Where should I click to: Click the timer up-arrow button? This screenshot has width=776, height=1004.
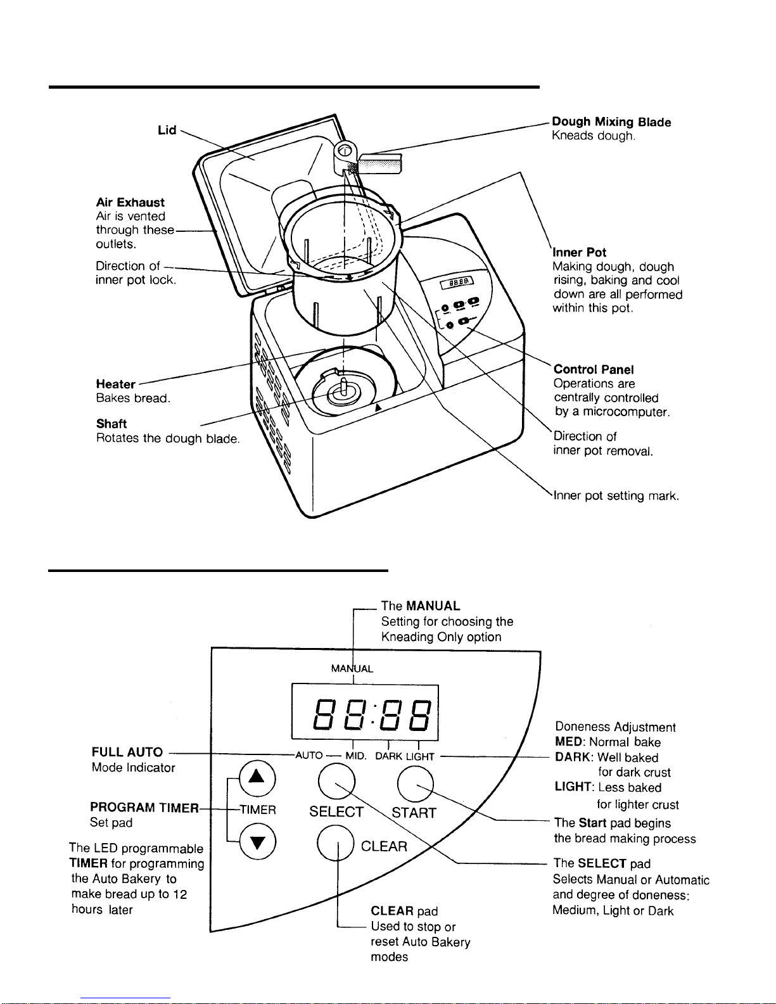[256, 778]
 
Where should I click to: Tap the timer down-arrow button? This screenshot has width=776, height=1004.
[256, 842]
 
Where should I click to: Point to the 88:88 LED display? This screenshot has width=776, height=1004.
[365, 712]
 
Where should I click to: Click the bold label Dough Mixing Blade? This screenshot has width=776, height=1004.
[611, 122]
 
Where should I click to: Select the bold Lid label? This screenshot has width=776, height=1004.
[167, 130]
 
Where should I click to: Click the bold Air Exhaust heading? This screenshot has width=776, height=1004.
[130, 203]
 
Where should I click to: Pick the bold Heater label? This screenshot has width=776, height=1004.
[115, 384]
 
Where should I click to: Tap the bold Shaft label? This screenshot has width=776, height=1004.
[111, 424]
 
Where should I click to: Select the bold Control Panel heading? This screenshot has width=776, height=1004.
[594, 370]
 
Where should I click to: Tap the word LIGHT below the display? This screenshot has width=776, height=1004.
[420, 756]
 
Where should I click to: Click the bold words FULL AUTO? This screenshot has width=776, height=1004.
[127, 753]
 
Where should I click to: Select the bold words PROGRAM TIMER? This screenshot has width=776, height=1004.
[144, 808]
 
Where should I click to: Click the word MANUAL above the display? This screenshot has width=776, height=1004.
[352, 668]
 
